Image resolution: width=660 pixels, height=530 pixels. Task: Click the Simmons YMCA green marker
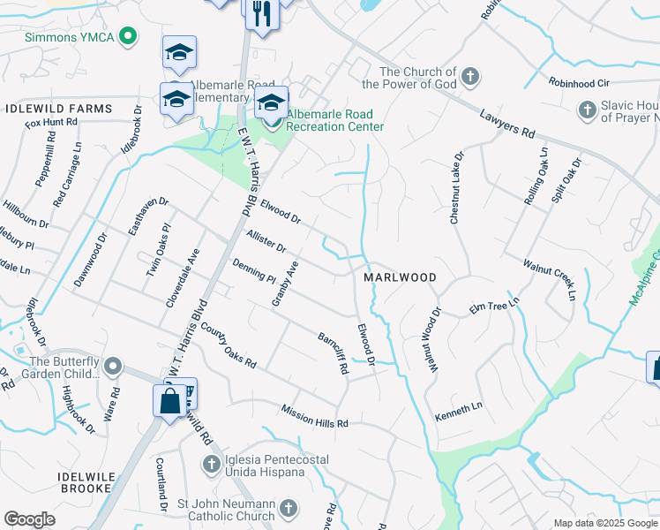[129, 36]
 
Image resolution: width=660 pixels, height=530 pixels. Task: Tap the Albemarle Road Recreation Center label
[334, 120]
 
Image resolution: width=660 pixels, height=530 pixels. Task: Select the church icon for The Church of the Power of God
[470, 77]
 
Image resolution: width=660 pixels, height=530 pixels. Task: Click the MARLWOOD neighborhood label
[400, 277]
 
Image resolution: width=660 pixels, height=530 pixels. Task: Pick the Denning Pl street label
[254, 270]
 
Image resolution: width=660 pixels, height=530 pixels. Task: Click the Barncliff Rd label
[334, 353]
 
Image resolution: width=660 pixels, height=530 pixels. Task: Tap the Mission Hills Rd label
[315, 416]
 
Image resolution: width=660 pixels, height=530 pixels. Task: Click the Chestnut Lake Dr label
[456, 187]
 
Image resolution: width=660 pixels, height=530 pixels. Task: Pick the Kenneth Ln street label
[459, 411]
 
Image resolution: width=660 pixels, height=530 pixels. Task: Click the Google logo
[29, 519]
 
